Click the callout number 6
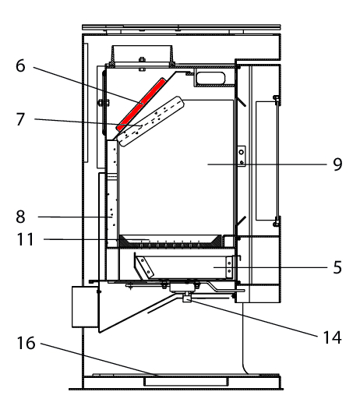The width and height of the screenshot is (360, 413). click(x=20, y=66)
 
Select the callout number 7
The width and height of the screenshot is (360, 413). click(x=20, y=119)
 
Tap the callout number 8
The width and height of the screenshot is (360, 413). click(x=20, y=217)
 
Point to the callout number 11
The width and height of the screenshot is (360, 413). click(x=26, y=239)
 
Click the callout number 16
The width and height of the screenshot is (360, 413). click(x=26, y=343)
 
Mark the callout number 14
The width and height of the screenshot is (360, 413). click(x=333, y=337)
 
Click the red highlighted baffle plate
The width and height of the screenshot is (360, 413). click(x=141, y=104)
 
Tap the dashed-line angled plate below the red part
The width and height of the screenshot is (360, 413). click(x=151, y=121)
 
